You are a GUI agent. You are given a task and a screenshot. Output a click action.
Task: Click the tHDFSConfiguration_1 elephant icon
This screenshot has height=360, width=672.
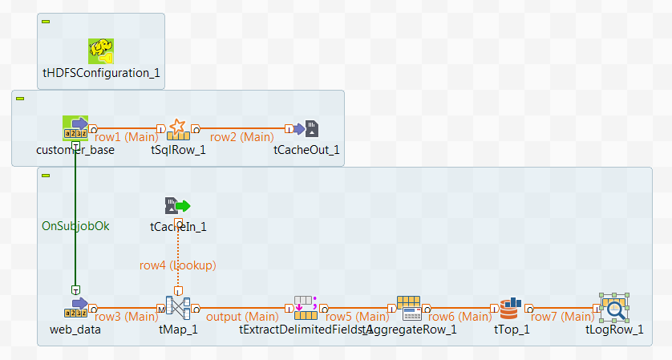(x=100, y=51)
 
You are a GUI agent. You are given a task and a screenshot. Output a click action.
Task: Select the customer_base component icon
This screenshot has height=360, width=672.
(x=75, y=128)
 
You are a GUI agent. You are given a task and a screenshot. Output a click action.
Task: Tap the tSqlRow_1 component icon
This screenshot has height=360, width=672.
(x=178, y=128)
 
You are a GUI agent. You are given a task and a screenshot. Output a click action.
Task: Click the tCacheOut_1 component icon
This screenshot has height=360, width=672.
(x=311, y=128)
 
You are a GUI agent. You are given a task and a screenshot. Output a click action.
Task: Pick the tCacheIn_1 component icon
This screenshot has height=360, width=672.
(x=178, y=206)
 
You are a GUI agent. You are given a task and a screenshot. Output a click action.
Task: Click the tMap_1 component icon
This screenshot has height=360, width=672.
(x=178, y=307)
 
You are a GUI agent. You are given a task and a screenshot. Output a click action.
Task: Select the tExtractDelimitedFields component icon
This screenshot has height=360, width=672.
(x=306, y=307)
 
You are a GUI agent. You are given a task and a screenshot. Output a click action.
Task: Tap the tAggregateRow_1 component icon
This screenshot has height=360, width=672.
(x=410, y=307)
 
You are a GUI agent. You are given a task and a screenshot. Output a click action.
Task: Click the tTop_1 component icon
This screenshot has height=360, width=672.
(x=511, y=307)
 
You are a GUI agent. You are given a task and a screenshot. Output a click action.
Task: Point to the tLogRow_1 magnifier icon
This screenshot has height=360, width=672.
(x=614, y=307)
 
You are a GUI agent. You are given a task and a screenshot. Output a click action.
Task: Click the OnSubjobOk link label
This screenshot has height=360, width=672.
(x=75, y=226)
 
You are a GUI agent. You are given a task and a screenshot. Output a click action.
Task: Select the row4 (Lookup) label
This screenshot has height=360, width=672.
(x=178, y=265)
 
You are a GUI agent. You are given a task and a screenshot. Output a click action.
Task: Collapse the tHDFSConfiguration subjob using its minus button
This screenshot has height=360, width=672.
(x=46, y=21)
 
